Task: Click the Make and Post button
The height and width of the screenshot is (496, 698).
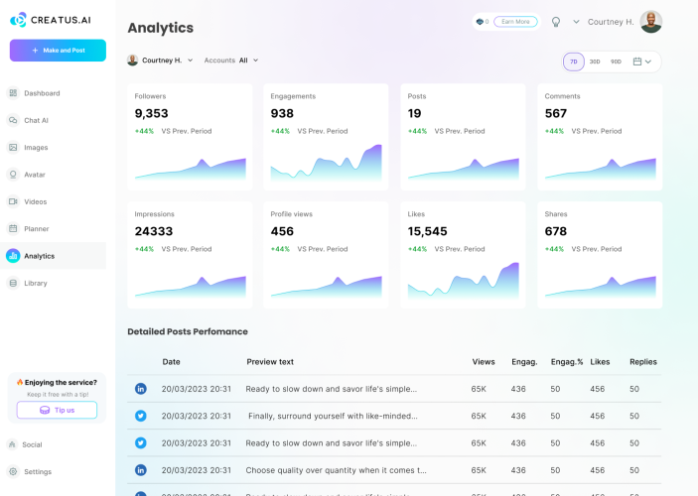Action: click(58, 51)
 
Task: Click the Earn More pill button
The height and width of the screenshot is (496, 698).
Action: click(515, 22)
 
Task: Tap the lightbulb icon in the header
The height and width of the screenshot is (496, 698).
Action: click(556, 22)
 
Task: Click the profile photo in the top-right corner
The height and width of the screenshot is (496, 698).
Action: click(650, 22)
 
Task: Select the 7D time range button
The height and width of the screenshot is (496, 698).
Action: click(574, 62)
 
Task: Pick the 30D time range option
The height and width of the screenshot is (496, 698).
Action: click(595, 62)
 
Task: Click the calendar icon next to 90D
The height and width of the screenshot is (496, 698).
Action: click(637, 62)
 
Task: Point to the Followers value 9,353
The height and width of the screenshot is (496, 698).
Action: click(151, 113)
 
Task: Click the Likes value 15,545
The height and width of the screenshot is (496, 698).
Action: click(427, 231)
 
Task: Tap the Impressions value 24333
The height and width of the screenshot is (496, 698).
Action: click(154, 231)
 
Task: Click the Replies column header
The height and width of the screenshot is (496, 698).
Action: click(643, 362)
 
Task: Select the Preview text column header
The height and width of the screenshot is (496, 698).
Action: click(270, 362)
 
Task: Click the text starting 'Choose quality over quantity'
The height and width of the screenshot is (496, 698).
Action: click(336, 470)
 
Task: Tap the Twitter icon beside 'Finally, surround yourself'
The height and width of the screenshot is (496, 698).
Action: click(141, 416)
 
